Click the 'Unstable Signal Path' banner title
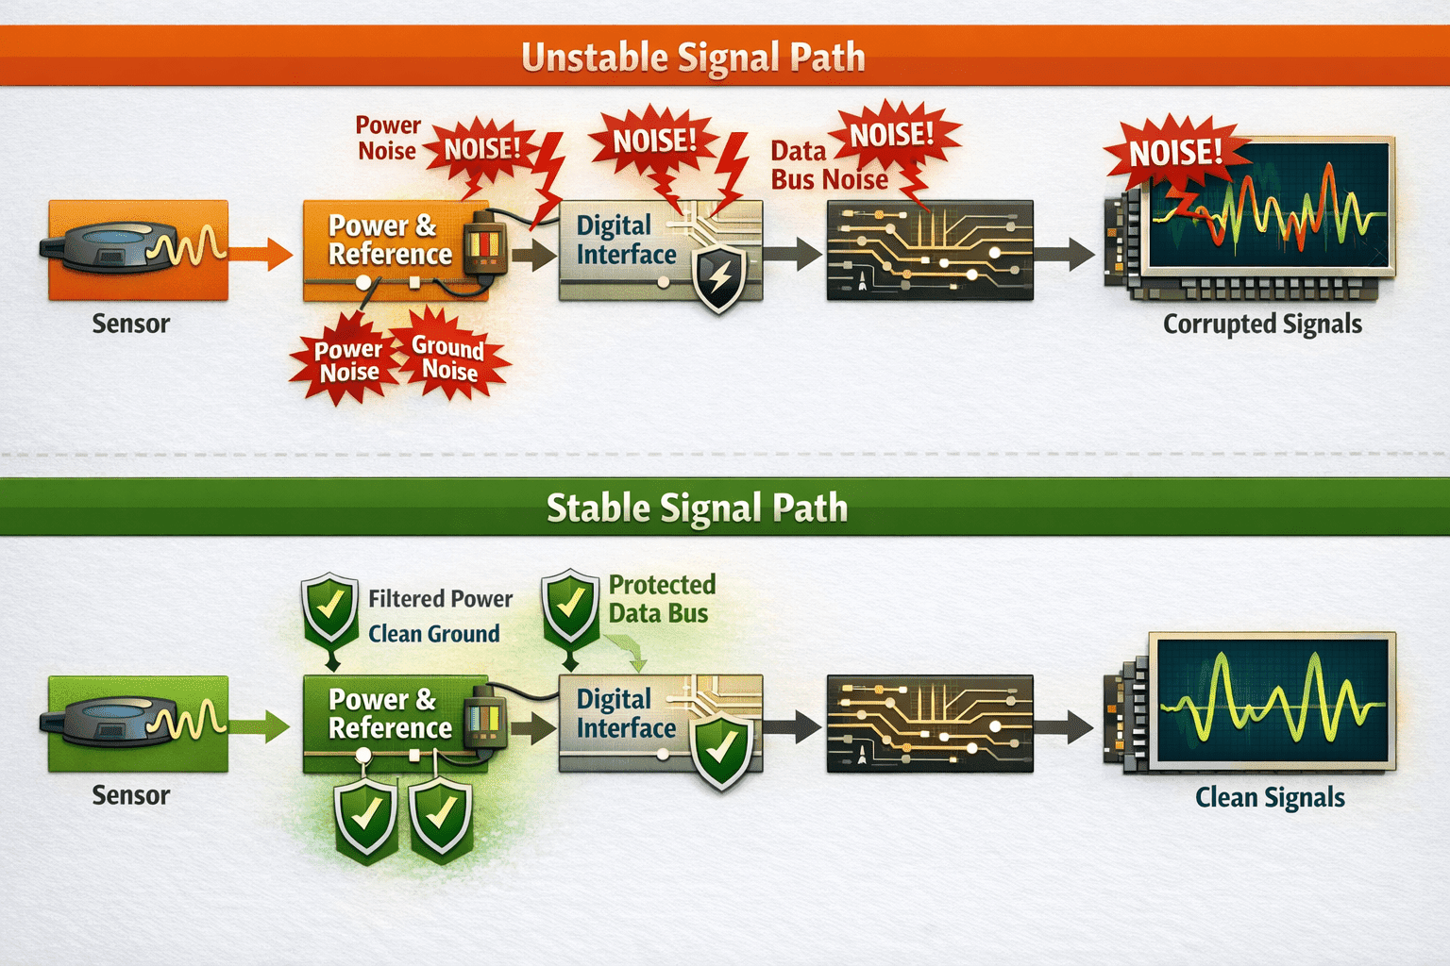[x=693, y=57]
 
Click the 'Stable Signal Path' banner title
[x=698, y=508]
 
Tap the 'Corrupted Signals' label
[x=1262, y=325]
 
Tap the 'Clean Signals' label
[x=1270, y=798]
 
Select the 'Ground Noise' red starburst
[x=449, y=357]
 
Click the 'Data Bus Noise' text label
[x=829, y=166]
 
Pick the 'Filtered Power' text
[x=440, y=598]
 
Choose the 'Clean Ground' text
[x=433, y=633]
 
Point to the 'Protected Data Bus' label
[x=662, y=598]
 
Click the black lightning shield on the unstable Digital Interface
[x=718, y=277]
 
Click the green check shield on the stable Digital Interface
[x=721, y=750]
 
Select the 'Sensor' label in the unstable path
[x=131, y=324]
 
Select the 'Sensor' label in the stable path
[x=131, y=795]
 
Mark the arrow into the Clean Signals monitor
[x=1064, y=726]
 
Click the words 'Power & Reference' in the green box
[x=390, y=713]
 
